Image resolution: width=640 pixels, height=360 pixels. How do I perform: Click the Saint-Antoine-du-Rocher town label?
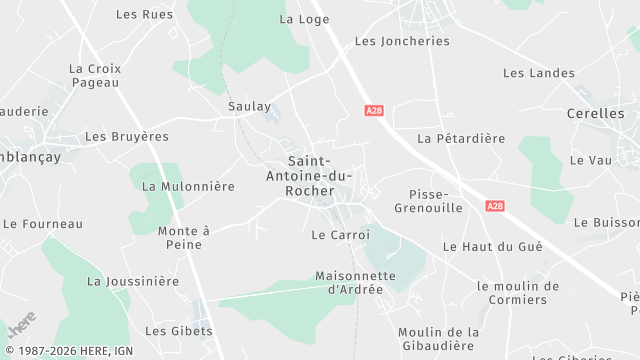324,175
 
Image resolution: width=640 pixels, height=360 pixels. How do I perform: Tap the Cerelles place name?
595,114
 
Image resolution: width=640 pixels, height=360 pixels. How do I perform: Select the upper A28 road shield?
374,111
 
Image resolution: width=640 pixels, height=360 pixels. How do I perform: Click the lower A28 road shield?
495,205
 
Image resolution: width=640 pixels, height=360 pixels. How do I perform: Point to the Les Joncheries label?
402,41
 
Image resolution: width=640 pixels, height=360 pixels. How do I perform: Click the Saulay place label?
249,106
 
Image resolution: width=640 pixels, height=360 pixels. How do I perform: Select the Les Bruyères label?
127,136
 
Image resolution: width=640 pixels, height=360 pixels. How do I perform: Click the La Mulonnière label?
188,186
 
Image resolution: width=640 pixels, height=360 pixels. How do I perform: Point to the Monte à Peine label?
184,237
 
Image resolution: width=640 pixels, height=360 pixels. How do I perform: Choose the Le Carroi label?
334,235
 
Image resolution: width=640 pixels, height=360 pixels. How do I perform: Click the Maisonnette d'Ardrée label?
355,282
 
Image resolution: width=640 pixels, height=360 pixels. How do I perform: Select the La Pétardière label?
461,138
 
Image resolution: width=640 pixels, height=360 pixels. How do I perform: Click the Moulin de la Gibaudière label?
438,339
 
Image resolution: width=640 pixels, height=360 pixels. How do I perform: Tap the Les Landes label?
539,73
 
